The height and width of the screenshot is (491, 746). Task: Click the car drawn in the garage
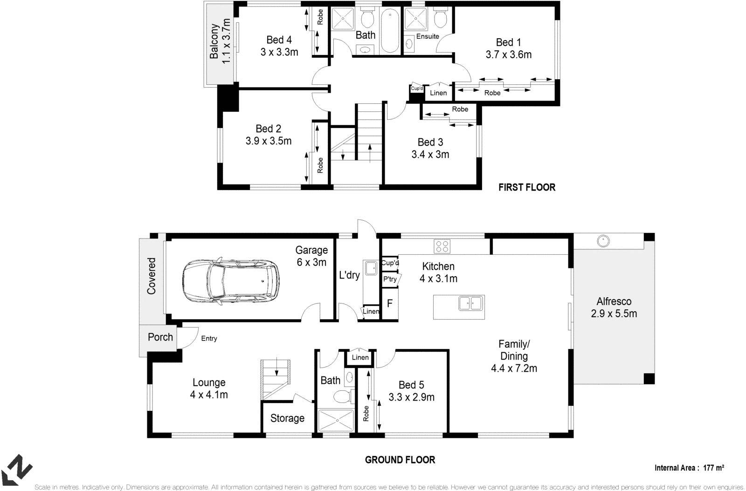[x=231, y=281]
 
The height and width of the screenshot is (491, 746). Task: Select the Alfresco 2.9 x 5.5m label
[x=614, y=307]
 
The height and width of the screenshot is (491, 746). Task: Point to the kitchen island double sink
[x=470, y=303]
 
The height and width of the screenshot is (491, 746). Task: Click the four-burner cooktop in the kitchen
[x=442, y=246]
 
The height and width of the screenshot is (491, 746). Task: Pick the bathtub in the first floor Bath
[x=390, y=31]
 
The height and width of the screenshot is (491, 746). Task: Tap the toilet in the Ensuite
[x=440, y=19]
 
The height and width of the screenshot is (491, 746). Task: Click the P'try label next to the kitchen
[x=390, y=280]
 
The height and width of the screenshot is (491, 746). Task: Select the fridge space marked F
[x=390, y=303]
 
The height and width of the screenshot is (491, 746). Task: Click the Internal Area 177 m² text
[x=689, y=468]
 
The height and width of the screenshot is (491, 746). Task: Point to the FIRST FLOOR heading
[x=526, y=187]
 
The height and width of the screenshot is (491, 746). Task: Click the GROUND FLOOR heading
[x=400, y=460]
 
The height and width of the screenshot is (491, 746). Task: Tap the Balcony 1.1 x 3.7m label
[x=220, y=41]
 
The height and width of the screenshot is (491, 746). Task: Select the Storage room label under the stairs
[x=287, y=418]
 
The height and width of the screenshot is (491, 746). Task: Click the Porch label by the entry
[x=160, y=337]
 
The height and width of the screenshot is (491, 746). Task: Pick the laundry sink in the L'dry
[x=371, y=268]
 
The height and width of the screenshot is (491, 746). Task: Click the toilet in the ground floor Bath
[x=342, y=397]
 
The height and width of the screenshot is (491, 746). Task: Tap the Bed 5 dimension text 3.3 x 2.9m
[x=411, y=397]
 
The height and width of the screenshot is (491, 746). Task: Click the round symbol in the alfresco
[x=603, y=241]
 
